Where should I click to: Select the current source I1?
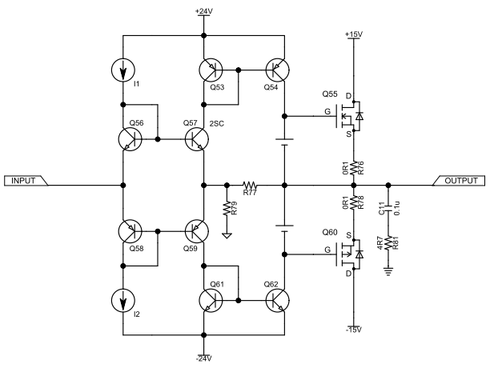point(124,71)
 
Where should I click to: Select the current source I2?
point(124,300)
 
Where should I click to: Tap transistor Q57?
point(197,140)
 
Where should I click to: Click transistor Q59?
point(197,231)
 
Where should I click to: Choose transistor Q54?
point(277,71)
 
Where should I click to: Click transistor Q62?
point(277,300)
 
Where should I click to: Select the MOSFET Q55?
point(352,117)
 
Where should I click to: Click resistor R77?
point(248,185)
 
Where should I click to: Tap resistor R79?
point(227,210)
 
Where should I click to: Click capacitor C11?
point(389,209)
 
